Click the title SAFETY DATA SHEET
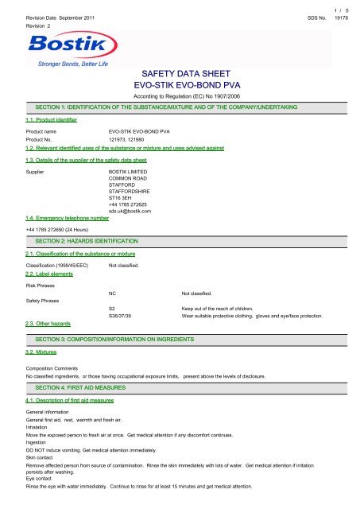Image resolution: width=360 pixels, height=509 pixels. [180, 72]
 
